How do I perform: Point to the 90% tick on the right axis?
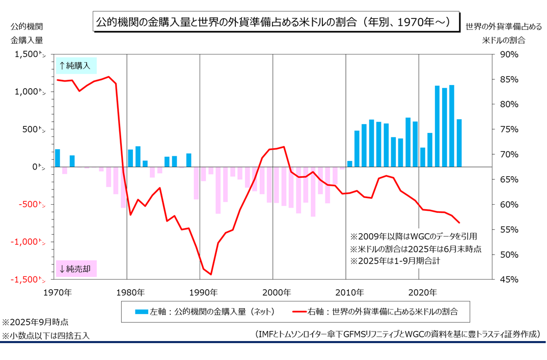(x=510, y=54)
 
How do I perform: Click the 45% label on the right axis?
(x=510, y=280)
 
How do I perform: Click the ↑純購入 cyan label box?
(x=76, y=66)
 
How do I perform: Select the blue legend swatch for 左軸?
(x=141, y=311)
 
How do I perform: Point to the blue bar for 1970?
(x=58, y=158)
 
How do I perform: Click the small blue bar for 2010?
(x=350, y=163)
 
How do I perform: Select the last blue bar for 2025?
(x=459, y=143)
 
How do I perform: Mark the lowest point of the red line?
(x=211, y=274)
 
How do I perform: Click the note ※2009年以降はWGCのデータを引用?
(x=413, y=236)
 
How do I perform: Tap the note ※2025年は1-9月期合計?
(x=395, y=261)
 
